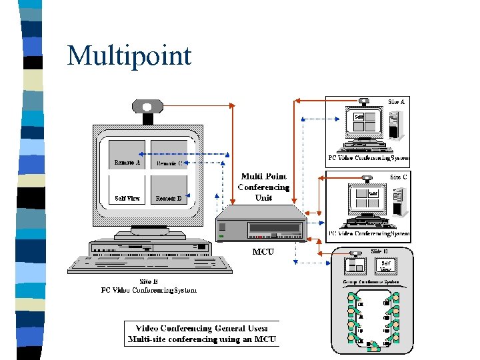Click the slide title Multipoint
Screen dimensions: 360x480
tap(129, 55)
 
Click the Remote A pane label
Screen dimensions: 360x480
tap(127, 163)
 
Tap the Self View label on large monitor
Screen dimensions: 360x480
tap(127, 198)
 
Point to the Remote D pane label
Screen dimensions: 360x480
tap(169, 198)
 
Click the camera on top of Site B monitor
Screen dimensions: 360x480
tap(147, 107)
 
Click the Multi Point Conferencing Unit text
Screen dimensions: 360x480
tap(264, 187)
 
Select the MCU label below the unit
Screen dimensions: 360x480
tap(263, 252)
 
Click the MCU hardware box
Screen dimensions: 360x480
tap(261, 227)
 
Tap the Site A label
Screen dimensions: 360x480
tap(397, 101)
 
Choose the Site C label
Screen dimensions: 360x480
tap(399, 177)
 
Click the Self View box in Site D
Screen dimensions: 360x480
tap(386, 265)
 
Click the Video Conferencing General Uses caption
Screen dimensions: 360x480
tap(201, 334)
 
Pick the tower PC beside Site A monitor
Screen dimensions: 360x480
tap(397, 125)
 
